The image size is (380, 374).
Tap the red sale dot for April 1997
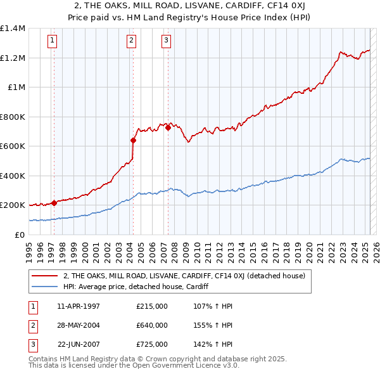(54, 203)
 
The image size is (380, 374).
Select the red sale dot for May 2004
(134, 141)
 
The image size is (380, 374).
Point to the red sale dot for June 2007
(168, 128)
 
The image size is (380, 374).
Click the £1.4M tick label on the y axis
(13, 29)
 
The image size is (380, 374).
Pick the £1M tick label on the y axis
(16, 87)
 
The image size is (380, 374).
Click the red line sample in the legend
(45, 276)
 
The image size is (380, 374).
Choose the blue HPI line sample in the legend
(45, 287)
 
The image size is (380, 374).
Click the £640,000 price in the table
(152, 325)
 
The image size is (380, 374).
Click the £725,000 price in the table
(152, 344)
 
